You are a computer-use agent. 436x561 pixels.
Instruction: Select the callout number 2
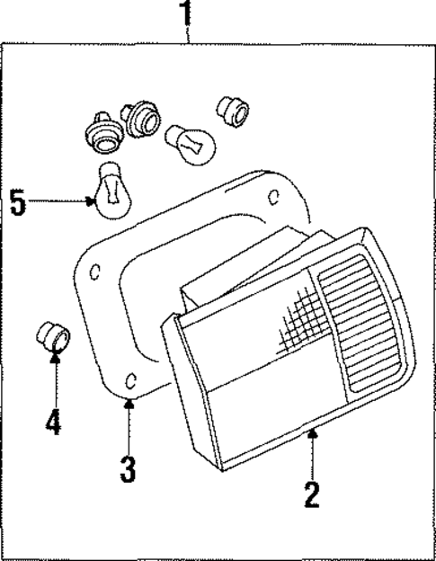(x=311, y=494)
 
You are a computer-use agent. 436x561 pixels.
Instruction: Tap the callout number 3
(x=129, y=468)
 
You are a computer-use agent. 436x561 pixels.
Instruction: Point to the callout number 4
(x=54, y=422)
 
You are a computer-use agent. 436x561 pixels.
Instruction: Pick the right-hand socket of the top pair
(x=138, y=118)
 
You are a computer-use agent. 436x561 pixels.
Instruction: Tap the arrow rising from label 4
(x=54, y=378)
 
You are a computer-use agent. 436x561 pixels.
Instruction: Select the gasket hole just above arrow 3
(x=132, y=378)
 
